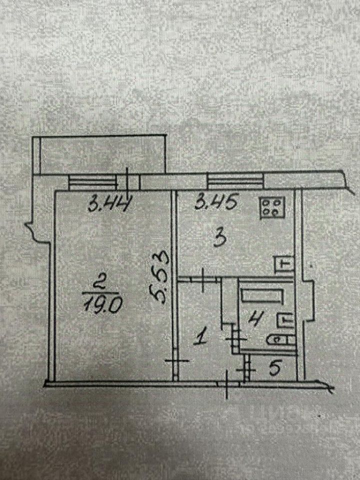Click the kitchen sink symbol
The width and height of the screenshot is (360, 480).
coord(284,264)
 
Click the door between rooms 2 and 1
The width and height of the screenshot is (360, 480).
coord(175,361)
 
